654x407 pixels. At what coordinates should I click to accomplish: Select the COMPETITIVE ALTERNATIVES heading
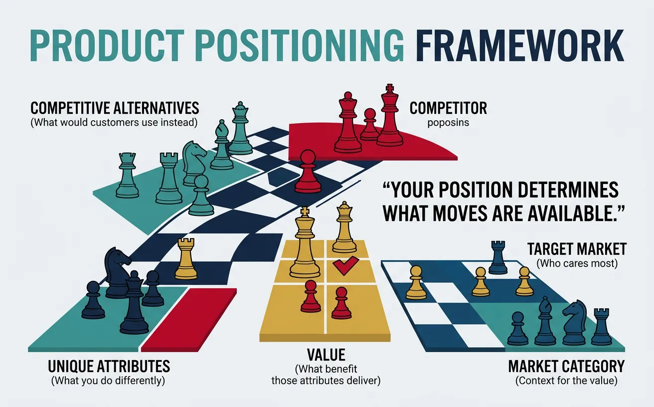(x=115, y=108)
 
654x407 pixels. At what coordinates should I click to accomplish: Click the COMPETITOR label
(x=448, y=108)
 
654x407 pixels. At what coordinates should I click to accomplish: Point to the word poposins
(x=448, y=122)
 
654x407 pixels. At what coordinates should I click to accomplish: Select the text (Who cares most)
(x=577, y=263)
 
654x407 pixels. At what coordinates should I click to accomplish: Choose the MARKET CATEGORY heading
(x=566, y=367)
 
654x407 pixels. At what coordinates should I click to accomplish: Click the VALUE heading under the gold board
(x=327, y=355)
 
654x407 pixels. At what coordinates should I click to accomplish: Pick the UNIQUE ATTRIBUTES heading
(x=109, y=367)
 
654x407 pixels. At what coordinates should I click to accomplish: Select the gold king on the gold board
(x=305, y=244)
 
